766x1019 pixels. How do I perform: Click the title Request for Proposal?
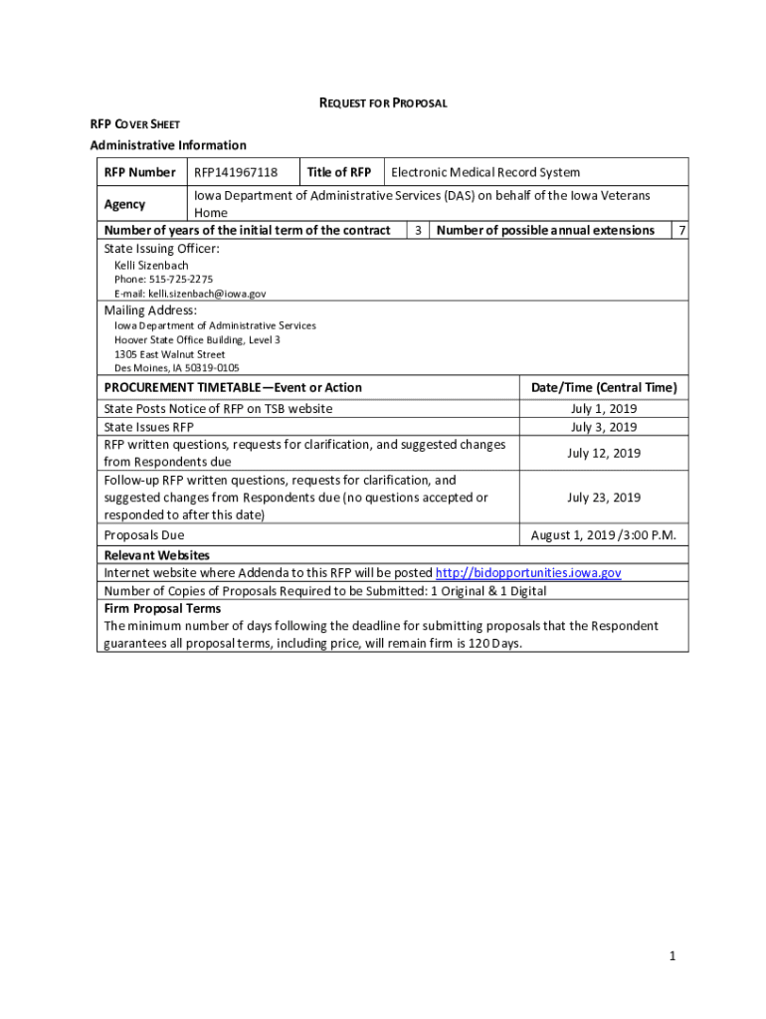tap(382, 102)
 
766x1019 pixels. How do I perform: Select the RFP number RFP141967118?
tap(236, 172)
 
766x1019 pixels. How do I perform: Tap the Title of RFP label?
tap(339, 172)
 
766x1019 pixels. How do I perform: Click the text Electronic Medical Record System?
tap(485, 172)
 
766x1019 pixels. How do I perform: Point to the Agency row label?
tap(124, 204)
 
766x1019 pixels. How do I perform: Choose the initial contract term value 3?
tap(419, 231)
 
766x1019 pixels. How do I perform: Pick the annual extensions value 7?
tap(680, 231)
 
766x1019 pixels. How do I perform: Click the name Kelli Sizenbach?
tap(151, 266)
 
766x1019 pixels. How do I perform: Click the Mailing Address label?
tap(150, 310)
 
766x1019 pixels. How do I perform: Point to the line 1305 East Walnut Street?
tap(169, 354)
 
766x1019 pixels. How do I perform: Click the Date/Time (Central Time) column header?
tap(604, 387)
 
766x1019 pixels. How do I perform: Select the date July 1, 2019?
tap(604, 409)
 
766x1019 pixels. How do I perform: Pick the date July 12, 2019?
tap(604, 453)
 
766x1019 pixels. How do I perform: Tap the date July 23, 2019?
tap(604, 498)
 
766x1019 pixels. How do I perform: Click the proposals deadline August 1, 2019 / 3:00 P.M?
tap(604, 535)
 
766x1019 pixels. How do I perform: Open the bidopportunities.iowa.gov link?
tap(529, 573)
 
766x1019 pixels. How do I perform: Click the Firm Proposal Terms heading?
tap(162, 608)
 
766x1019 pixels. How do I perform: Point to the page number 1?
tap(672, 956)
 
